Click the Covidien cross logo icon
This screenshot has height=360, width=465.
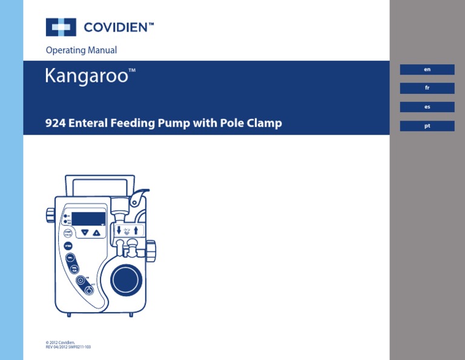point(61,27)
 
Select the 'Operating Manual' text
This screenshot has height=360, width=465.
point(81,50)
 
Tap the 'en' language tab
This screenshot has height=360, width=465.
point(427,70)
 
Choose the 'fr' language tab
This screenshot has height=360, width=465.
point(427,88)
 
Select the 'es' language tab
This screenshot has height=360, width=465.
point(427,107)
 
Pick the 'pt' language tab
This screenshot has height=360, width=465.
point(427,126)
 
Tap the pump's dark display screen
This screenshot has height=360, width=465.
point(88,219)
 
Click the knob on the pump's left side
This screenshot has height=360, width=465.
point(50,215)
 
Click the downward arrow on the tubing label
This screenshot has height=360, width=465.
point(119,230)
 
